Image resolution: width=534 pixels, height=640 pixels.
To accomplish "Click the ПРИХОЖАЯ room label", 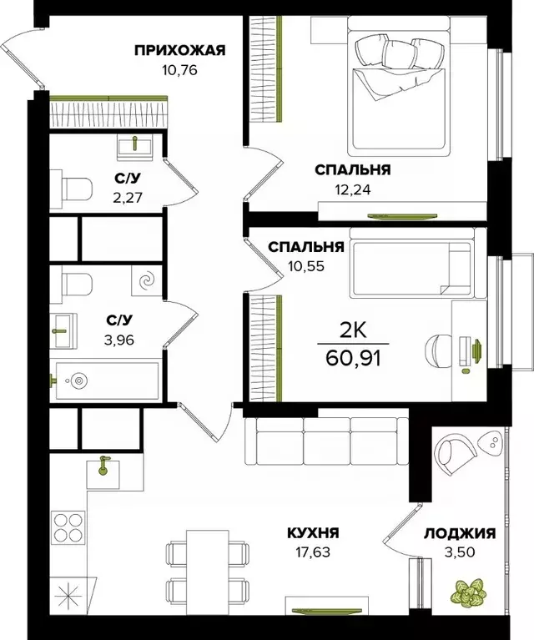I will coord(180,50).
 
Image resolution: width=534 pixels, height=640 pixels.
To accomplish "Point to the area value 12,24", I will coord(352,189).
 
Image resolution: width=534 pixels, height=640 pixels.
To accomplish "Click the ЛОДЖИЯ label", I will coord(460,533).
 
